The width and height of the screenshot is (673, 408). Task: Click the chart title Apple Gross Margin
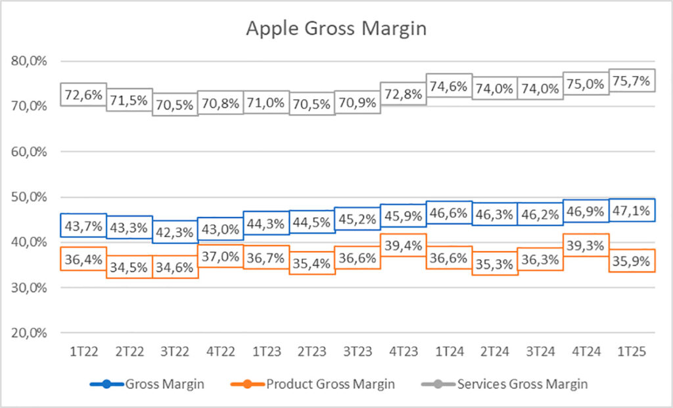click(x=336, y=29)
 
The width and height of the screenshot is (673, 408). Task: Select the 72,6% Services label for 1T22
click(x=83, y=95)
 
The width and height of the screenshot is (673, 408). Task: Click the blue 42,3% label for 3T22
click(x=175, y=232)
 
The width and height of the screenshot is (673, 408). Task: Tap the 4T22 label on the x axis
click(x=220, y=351)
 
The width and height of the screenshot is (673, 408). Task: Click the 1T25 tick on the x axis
click(x=631, y=351)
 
